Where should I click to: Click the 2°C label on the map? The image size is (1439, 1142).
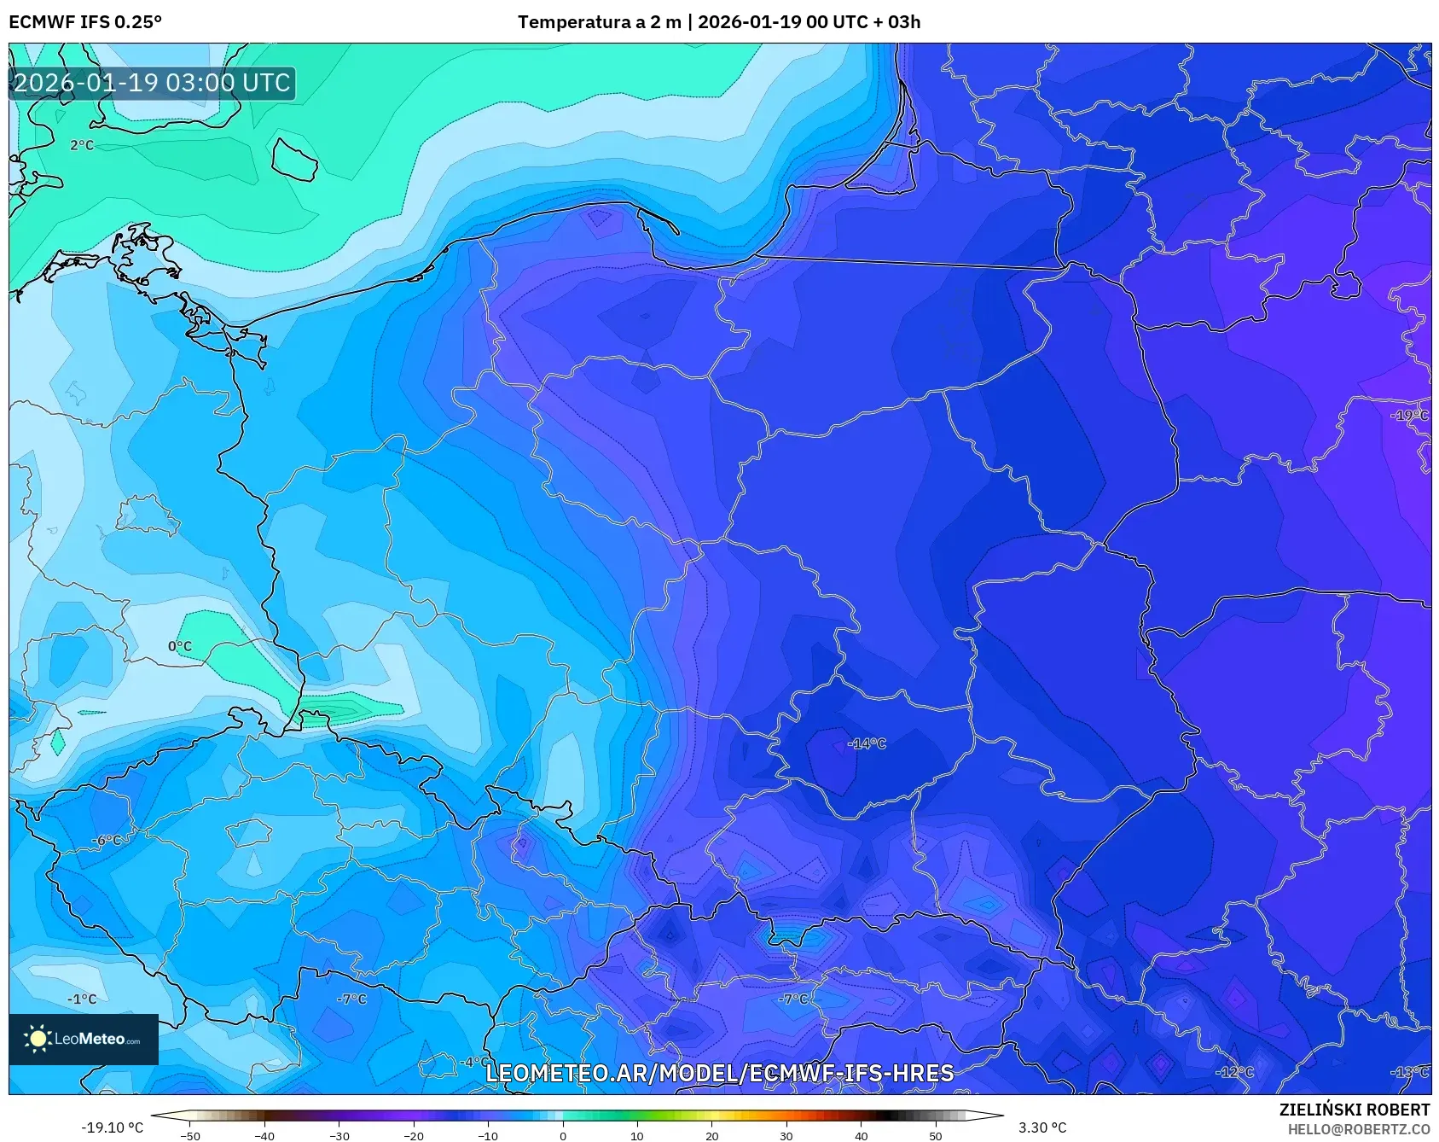[x=82, y=145]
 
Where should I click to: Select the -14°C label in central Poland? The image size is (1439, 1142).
[x=867, y=743]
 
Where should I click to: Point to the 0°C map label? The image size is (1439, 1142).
[x=180, y=646]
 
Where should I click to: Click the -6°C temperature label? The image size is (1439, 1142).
[x=107, y=840]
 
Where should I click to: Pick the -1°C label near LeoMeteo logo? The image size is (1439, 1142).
[x=82, y=999]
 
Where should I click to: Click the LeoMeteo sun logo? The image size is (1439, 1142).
[x=38, y=1039]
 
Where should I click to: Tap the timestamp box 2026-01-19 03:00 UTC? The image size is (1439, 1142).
[x=152, y=83]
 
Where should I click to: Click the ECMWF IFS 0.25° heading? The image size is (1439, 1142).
[x=85, y=22]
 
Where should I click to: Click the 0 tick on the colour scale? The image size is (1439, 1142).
[x=562, y=1135]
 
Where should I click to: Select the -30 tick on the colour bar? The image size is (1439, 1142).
[x=339, y=1135]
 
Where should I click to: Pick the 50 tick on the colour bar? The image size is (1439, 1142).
[x=936, y=1135]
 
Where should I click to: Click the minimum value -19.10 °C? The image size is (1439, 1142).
[x=112, y=1127]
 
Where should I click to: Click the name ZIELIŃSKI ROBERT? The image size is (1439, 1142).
[x=1354, y=1110]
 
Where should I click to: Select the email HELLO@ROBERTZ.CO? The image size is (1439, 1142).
[x=1358, y=1129]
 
